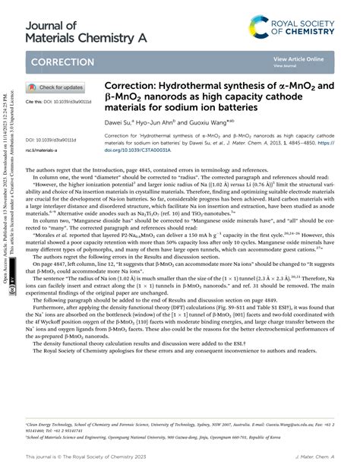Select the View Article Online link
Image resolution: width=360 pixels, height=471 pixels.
coord(298,58)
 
